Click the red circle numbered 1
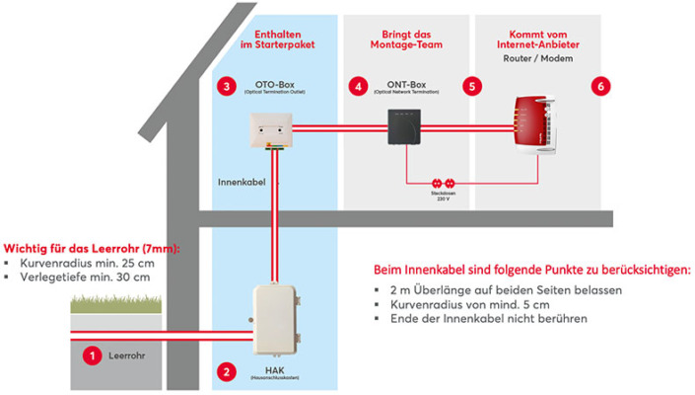coord(92,353)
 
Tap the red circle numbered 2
coord(228,371)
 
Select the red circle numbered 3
coord(228,87)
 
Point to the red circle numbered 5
coord(473,87)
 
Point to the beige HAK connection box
coord(275,317)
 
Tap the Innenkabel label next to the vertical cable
coord(242,182)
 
